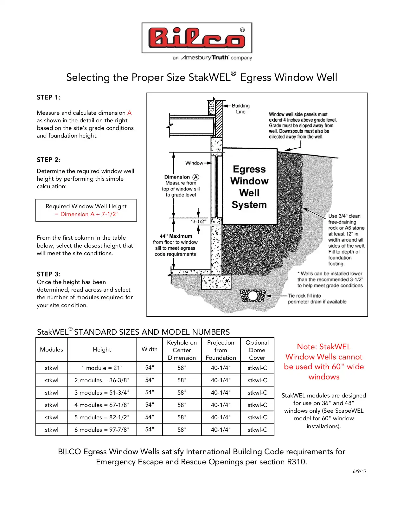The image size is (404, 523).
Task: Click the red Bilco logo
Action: click(x=196, y=38)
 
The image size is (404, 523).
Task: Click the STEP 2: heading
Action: click(x=48, y=160)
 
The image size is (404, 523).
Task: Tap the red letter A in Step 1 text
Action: click(x=129, y=113)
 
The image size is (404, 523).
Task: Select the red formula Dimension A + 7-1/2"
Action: click(x=86, y=214)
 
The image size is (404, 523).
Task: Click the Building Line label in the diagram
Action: click(x=240, y=108)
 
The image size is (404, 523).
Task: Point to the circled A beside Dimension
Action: click(x=196, y=177)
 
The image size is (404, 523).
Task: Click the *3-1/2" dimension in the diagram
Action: click(x=198, y=222)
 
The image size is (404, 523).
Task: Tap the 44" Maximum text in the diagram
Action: click(x=176, y=236)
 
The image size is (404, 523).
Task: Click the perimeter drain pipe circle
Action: click(x=253, y=296)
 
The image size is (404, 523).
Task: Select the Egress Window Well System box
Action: click(x=249, y=187)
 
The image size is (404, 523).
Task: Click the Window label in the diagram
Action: click(x=194, y=163)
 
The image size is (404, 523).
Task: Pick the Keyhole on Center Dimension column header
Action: click(x=182, y=350)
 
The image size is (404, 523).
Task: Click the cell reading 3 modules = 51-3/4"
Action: click(x=102, y=392)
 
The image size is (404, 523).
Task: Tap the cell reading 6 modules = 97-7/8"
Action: click(x=102, y=429)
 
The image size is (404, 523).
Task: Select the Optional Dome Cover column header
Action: click(x=257, y=350)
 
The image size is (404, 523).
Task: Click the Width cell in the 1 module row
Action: click(x=150, y=368)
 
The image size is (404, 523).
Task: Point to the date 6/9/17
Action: click(x=360, y=471)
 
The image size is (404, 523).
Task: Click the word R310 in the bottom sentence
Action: click(x=297, y=462)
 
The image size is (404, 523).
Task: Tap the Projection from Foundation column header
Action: click(x=221, y=350)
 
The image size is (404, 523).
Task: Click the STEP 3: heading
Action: click(x=48, y=274)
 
